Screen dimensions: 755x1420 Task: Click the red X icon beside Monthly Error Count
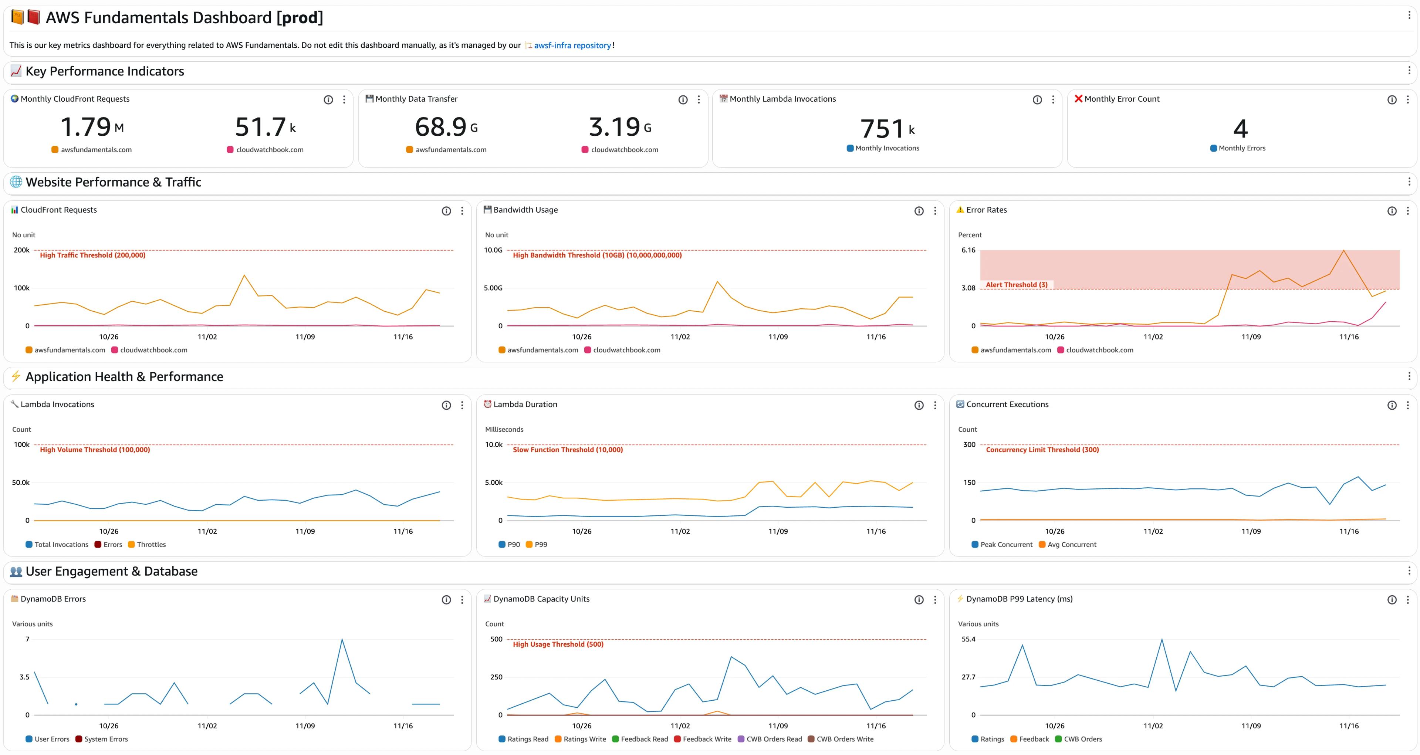coord(1078,99)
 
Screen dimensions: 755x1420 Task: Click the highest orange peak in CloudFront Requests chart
coord(244,275)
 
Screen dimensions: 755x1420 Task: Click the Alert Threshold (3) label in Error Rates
coord(1017,285)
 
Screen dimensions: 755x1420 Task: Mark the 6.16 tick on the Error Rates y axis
coord(968,250)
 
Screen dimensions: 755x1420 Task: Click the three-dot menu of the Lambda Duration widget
coord(935,406)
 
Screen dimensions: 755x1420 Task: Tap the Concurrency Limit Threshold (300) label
coord(1042,450)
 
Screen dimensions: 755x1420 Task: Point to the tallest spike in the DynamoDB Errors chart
coord(342,639)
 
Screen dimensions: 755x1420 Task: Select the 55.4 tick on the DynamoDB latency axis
coord(968,639)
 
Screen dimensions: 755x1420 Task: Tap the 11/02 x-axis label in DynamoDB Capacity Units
coord(680,726)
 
